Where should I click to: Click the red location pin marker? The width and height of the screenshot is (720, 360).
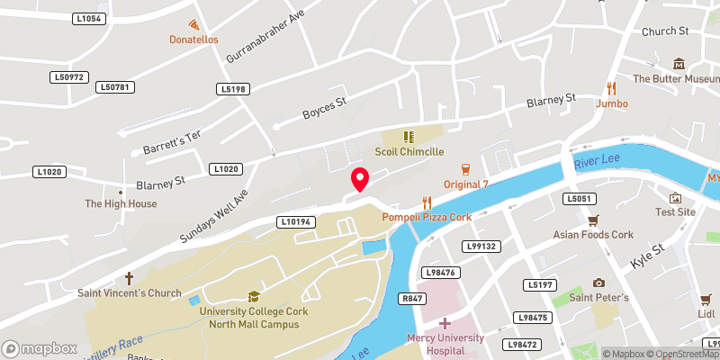360,180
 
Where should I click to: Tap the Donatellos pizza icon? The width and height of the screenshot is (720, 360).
193,24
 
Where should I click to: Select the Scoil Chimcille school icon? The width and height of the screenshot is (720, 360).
409,138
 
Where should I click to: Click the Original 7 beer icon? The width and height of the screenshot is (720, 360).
465,169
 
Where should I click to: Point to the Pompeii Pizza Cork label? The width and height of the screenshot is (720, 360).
427,218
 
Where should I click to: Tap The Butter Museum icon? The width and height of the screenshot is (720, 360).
678,64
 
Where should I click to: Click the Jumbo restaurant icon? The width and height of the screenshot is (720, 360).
612,88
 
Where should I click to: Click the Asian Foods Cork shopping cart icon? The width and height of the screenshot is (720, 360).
593,220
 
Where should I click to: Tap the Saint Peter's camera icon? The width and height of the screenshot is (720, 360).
598,283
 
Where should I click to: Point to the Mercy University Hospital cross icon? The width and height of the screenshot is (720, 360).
444,321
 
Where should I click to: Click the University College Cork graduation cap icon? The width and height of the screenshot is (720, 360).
254,296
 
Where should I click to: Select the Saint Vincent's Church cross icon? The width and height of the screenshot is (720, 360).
129,278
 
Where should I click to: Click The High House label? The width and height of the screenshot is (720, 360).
121,204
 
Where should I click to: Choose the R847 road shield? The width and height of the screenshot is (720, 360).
413,298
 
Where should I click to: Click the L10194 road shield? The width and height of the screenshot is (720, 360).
294,220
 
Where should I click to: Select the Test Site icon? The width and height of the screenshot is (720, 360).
675,197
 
